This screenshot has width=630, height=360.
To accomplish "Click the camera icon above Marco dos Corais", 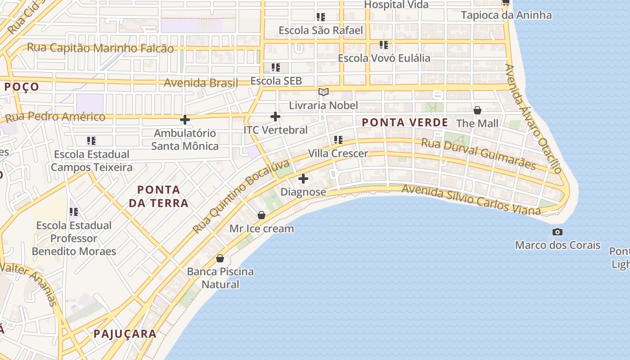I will (x=557, y=232).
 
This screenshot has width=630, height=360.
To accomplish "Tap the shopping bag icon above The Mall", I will (x=477, y=110).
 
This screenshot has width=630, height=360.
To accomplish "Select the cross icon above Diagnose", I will (x=303, y=179).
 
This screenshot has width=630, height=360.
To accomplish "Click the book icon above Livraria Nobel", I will (x=323, y=92).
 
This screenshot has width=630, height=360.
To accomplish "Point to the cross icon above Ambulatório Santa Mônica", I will (x=184, y=120).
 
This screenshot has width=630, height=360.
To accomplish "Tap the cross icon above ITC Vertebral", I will (x=275, y=117).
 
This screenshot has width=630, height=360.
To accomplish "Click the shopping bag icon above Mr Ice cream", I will (x=261, y=215).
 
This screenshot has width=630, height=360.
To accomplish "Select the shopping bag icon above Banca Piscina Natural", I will (x=220, y=258).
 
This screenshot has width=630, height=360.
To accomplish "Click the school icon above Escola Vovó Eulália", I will (x=383, y=45).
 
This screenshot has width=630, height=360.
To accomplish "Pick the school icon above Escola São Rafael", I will (x=320, y=17).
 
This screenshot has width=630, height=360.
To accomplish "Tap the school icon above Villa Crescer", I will (x=338, y=140).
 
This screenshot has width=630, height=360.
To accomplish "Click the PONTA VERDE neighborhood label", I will (x=405, y=122).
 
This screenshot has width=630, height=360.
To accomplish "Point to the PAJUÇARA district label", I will (x=125, y=334).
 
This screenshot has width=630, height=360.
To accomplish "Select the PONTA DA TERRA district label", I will (x=159, y=197).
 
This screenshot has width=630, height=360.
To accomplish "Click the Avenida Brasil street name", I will (x=201, y=83).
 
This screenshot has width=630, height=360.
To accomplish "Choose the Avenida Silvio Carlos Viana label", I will (x=471, y=199).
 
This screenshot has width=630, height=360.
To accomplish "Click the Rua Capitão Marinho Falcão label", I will (x=100, y=48).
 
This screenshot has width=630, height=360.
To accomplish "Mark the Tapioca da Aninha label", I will (x=506, y=15).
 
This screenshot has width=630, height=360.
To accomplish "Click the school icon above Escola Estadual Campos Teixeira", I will (x=91, y=141).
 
